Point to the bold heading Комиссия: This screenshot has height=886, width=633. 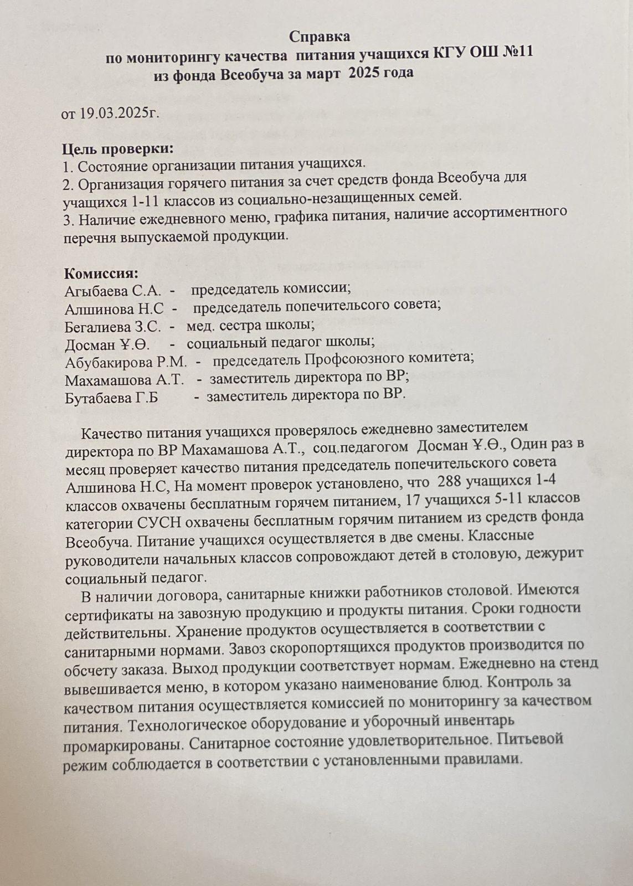101,274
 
